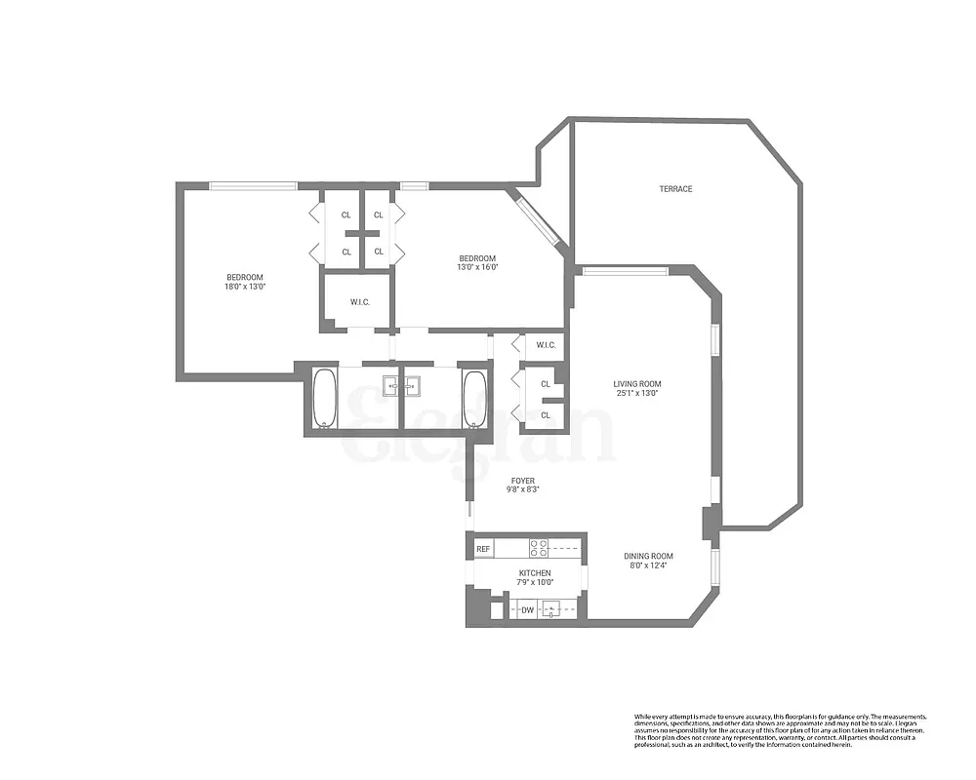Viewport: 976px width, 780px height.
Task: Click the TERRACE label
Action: [675, 189]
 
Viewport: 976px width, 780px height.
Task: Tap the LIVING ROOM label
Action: [637, 383]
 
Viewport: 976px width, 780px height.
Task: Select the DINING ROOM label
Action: [649, 557]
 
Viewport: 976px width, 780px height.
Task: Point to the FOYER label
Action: [523, 481]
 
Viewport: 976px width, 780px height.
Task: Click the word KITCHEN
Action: [534, 573]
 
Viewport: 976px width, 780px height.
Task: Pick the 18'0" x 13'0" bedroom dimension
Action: [245, 288]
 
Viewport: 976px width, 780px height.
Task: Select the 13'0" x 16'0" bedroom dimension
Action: [477, 267]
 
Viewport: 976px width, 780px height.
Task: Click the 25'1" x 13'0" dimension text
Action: [637, 393]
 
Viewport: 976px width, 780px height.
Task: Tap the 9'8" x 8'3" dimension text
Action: [523, 490]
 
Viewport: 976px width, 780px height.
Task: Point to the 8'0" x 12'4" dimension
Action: [649, 566]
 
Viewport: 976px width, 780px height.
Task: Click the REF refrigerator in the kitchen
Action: [482, 550]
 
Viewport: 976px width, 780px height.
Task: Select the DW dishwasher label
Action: [527, 610]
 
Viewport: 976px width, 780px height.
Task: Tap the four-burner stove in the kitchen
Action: [539, 548]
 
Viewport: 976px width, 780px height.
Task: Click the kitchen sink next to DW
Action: [552, 610]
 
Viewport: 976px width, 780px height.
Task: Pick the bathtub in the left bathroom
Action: [325, 399]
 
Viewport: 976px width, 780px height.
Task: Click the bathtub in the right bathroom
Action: [474, 399]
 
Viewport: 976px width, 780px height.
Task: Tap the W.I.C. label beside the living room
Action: [545, 345]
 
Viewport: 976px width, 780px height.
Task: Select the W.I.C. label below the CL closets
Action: [359, 302]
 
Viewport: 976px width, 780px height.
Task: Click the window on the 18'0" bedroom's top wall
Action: [253, 185]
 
